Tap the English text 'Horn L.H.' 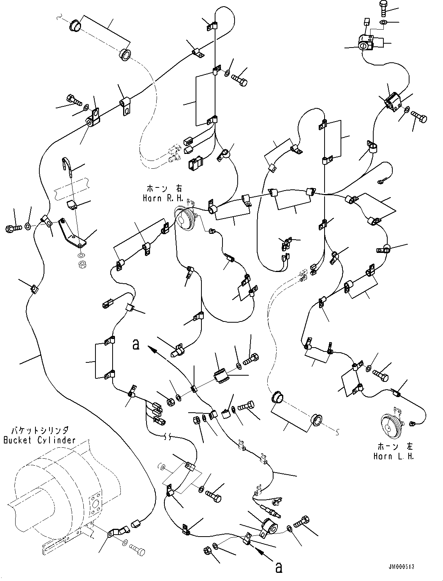[394, 456]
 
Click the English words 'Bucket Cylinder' [39, 440]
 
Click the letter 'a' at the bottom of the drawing [279, 568]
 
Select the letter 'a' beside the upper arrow [136, 344]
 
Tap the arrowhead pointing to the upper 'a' [151, 350]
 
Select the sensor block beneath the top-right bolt [366, 42]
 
